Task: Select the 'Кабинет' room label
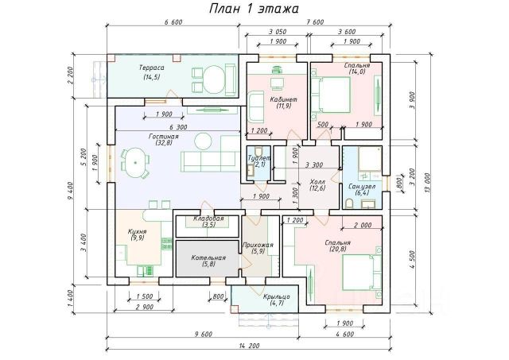coord(282,99)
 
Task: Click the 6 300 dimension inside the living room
coord(177,126)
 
